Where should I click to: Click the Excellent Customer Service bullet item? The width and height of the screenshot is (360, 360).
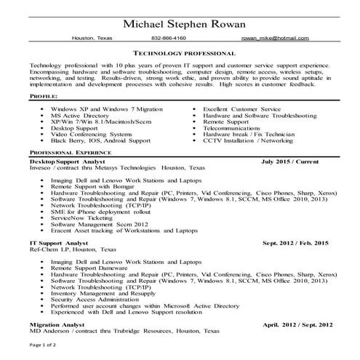241,108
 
